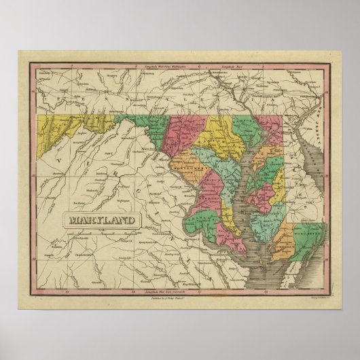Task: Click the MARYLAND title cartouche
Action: tap(100, 219)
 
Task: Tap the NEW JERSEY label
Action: tap(314, 128)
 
